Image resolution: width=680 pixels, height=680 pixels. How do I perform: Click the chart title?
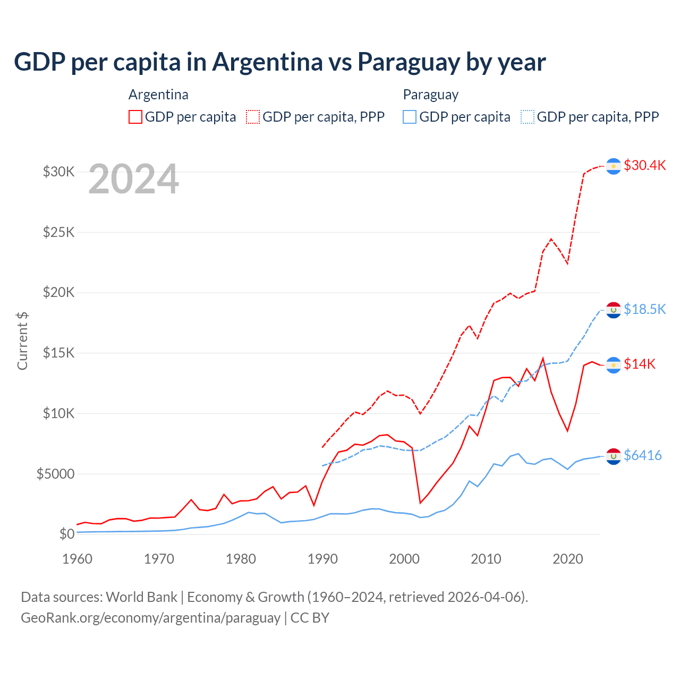[x=279, y=62]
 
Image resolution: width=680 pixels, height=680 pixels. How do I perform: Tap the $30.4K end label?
[x=644, y=165]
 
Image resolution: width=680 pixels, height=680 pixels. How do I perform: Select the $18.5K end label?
[x=644, y=309]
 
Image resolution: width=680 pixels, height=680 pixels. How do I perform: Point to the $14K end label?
[x=639, y=364]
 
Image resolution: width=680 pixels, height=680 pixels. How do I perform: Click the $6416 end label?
[x=642, y=455]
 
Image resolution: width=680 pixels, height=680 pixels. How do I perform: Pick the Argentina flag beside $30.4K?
[x=614, y=166]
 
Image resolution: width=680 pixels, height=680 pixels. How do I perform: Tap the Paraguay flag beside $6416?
[x=614, y=456]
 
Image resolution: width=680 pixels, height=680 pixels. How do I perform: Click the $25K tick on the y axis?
[x=58, y=232]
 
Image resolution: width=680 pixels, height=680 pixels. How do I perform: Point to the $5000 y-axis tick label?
[x=55, y=473]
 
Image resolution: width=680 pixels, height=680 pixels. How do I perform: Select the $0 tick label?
[x=66, y=534]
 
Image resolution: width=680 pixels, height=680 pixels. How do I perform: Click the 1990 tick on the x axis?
[x=322, y=559]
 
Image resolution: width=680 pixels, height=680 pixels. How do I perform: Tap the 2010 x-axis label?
[x=486, y=559]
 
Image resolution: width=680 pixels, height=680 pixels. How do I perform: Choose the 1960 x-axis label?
[x=78, y=559]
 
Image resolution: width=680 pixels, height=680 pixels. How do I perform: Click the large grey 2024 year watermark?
[x=133, y=179]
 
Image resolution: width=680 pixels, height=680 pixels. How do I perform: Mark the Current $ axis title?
[x=22, y=341]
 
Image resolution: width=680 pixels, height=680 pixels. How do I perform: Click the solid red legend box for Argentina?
[x=135, y=117]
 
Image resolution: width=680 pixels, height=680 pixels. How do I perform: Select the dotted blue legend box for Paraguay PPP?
[x=528, y=117]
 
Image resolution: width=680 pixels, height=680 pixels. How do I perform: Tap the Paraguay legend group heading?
[x=430, y=95]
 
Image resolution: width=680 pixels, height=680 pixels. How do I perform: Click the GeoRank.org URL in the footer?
[x=150, y=618]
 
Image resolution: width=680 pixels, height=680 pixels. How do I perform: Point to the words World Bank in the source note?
[x=141, y=597]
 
